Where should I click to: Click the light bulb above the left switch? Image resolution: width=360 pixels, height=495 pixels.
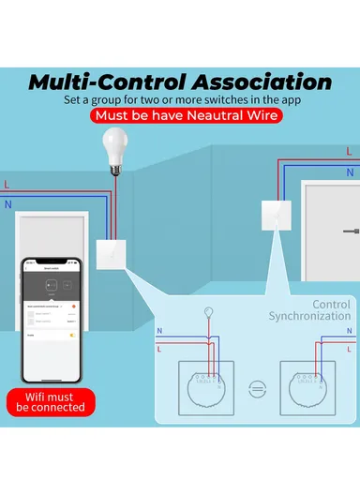click(x=114, y=151)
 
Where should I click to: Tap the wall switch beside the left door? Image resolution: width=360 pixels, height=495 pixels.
click(x=109, y=251)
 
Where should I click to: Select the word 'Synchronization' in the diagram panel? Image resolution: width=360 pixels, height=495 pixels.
click(x=309, y=317)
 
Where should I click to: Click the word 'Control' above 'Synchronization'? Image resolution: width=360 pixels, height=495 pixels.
click(x=331, y=305)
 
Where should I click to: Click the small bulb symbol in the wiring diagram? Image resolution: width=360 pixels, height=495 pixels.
click(x=207, y=314)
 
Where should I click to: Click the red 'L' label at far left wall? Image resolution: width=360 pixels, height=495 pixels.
click(x=7, y=183)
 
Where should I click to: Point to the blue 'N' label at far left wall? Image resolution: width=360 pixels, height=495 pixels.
click(x=7, y=202)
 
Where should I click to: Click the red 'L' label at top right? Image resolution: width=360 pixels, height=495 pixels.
click(x=349, y=151)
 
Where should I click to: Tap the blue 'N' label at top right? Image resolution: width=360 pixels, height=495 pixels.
click(x=350, y=172)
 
